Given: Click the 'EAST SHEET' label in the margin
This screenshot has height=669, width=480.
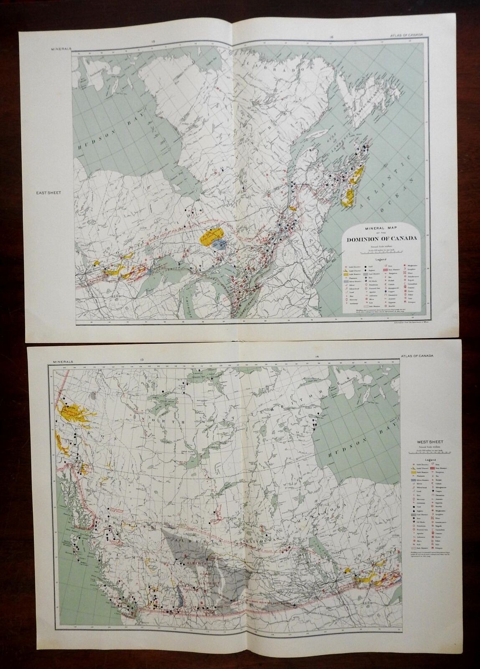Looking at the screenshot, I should click(46, 193).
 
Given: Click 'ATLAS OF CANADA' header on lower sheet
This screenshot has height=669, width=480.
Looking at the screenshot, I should click(414, 356).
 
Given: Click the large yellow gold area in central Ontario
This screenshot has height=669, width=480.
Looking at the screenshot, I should click(212, 236).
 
